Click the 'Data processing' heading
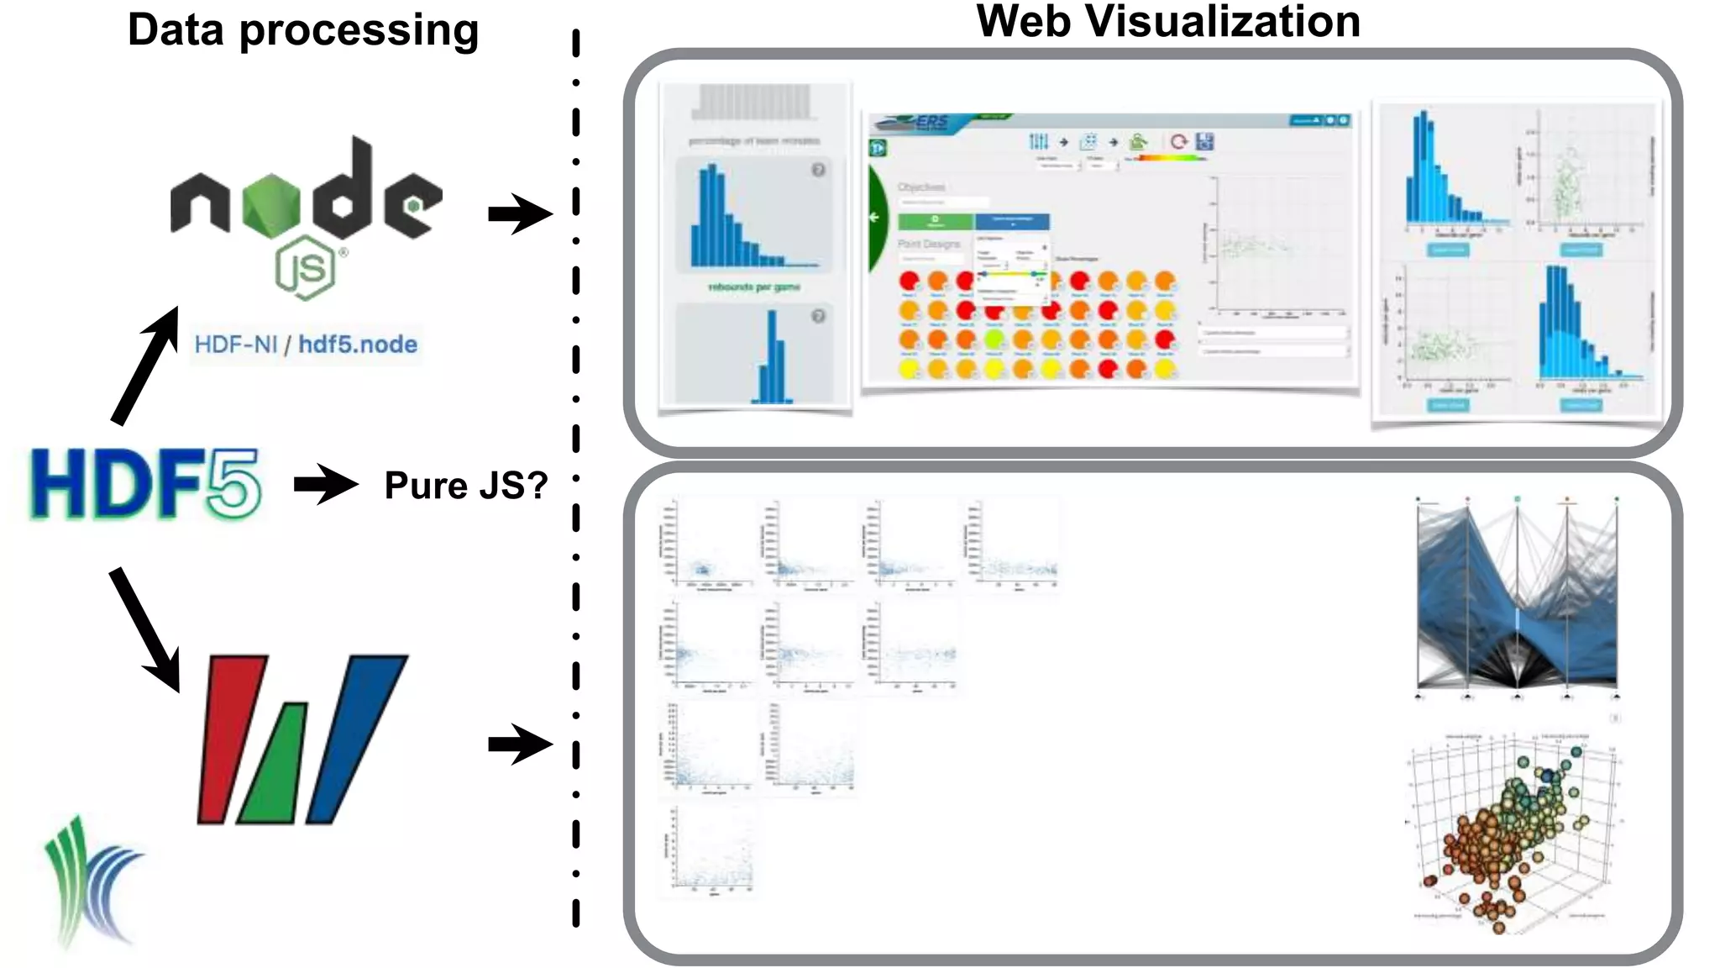(303, 30)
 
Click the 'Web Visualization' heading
(1167, 22)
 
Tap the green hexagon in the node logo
(270, 202)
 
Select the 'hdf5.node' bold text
(358, 345)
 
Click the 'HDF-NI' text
(235, 345)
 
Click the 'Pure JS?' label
(466, 486)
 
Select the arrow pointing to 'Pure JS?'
(326, 484)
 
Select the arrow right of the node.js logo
(520, 213)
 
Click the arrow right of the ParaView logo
(520, 744)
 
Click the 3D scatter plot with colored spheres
(1512, 828)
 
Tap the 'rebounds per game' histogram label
(754, 287)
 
